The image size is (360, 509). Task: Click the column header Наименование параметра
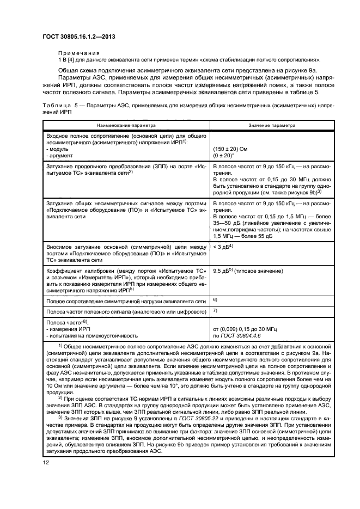(126, 125)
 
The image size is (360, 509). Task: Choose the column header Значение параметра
(271, 125)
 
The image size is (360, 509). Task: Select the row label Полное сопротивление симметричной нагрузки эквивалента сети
(126, 301)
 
